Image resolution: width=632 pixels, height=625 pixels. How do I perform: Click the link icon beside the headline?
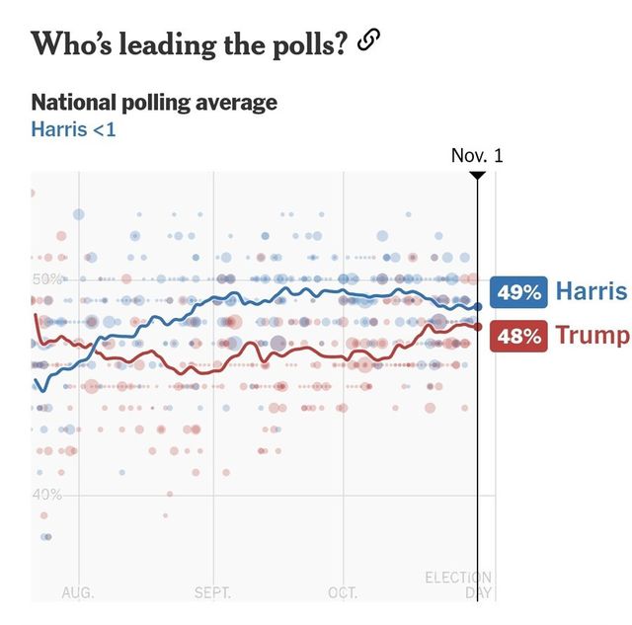pos(368,40)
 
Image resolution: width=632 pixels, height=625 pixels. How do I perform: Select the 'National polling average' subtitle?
pos(154,103)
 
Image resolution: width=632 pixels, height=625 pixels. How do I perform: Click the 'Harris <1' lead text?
pos(73,129)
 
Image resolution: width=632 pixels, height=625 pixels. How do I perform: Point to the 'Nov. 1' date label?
pos(477,156)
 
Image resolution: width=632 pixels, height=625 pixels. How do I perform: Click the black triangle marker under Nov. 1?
pos(477,176)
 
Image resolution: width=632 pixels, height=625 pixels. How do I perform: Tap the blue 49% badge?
pos(518,292)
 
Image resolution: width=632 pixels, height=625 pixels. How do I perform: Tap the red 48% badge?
pos(518,336)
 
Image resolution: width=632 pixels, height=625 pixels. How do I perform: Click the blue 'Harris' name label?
pos(591,291)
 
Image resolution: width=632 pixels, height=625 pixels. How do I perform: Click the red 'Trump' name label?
pos(592,336)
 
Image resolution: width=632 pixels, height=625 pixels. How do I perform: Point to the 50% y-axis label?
pos(46,279)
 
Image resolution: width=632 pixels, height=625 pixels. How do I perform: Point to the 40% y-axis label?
pos(46,495)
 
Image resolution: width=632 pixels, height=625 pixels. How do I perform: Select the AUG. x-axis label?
pos(78,592)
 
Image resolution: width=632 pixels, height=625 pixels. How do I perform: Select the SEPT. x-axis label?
pos(212,592)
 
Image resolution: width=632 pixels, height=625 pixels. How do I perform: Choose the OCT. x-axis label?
pos(343,592)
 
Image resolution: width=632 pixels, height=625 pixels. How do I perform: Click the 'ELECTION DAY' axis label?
pos(458,585)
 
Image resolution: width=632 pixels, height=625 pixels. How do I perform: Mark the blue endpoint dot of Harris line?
pos(478,307)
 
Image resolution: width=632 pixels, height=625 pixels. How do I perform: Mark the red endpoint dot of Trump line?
pos(478,327)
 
